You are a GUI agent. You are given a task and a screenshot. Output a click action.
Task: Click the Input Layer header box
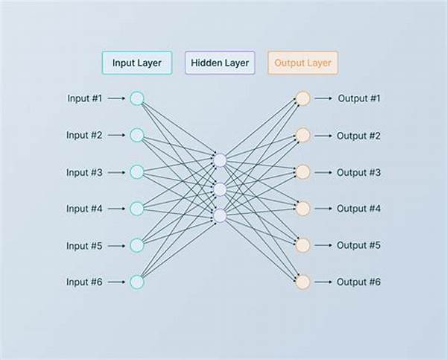pos(137,63)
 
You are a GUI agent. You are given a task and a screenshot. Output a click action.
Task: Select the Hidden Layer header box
pos(220,63)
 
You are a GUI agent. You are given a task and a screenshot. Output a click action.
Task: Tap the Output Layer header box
pos(302,63)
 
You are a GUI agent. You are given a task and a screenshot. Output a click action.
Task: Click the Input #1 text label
pos(84,98)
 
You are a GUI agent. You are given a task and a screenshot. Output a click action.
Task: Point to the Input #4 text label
pos(84,209)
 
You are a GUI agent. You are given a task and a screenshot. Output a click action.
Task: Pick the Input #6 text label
pos(84,282)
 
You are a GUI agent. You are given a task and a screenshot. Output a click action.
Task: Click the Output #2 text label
pos(358,136)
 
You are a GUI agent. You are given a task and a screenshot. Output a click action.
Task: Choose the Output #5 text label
pos(358,245)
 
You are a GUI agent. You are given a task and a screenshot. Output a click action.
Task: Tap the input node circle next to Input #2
pos(137,135)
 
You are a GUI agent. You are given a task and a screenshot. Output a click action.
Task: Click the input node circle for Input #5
pos(137,245)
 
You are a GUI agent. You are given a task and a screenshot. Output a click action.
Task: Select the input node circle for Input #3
pos(137,172)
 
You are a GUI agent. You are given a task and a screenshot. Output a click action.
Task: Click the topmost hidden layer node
pos(220,160)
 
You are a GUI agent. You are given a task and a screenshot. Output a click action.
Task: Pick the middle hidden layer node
pos(220,189)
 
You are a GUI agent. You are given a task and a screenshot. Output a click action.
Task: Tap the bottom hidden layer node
pos(220,215)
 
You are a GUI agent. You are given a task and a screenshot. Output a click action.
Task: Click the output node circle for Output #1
pos(302,98)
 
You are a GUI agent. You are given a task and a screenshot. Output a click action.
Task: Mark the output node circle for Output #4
pos(302,209)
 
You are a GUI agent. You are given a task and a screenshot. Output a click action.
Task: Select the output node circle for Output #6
pos(302,282)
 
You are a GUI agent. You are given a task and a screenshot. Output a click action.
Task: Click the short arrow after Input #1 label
pos(116,98)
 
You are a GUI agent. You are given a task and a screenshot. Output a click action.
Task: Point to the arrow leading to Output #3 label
pos(323,172)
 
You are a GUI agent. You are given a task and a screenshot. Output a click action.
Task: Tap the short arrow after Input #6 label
pos(116,282)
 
